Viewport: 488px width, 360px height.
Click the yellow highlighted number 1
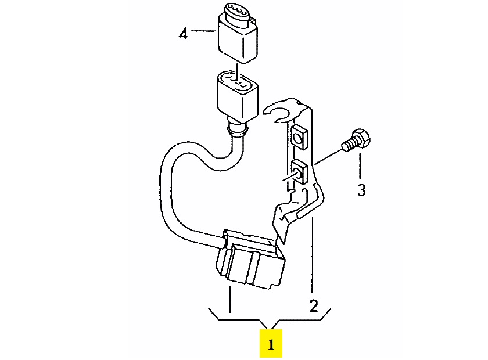coord(271,344)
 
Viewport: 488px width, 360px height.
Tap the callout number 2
coord(313,306)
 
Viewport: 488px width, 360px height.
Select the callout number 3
coord(361,190)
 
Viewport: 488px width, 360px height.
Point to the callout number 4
coord(184,34)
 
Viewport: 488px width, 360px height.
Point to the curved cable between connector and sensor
coord(174,192)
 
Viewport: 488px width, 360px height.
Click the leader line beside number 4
coord(203,32)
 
